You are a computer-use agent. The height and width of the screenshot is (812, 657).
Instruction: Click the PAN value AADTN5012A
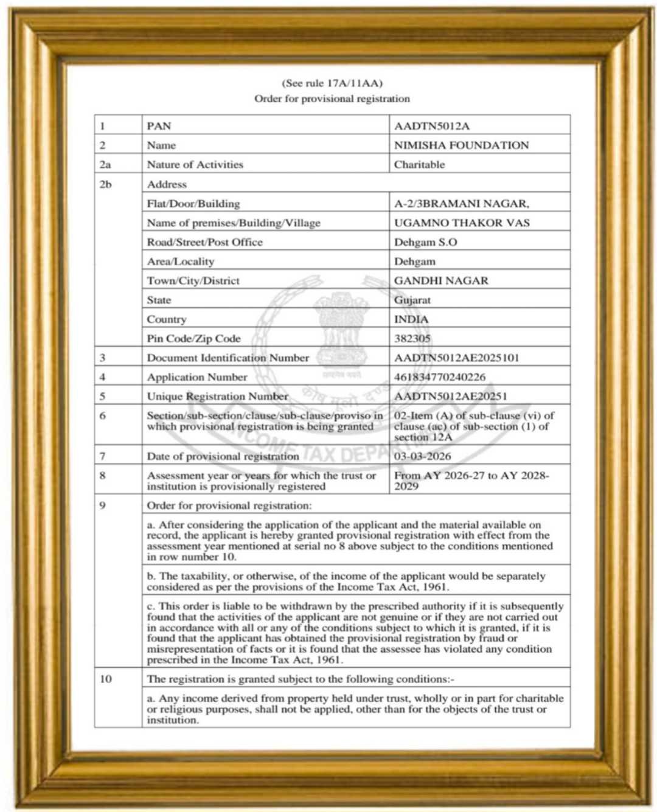click(x=431, y=126)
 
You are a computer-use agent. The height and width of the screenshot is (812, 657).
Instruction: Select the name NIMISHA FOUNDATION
click(x=461, y=145)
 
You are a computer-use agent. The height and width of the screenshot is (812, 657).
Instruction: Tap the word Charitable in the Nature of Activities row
click(x=419, y=164)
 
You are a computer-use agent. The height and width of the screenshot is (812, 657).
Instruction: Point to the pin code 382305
click(x=412, y=338)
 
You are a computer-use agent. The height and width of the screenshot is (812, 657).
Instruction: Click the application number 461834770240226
click(x=439, y=377)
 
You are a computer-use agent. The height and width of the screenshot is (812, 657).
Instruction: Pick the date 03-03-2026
click(x=422, y=456)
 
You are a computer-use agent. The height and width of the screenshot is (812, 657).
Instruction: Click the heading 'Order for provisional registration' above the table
click(x=332, y=99)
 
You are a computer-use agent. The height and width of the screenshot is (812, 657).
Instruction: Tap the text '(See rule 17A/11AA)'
click(x=332, y=83)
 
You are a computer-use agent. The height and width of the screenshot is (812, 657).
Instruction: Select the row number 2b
click(x=106, y=184)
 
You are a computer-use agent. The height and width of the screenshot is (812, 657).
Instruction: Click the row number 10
click(x=106, y=679)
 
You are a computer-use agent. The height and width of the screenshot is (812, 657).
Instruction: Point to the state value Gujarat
click(x=412, y=300)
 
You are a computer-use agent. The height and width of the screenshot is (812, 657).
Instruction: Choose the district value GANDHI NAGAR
click(x=441, y=280)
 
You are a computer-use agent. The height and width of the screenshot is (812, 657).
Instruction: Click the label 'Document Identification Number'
click(x=228, y=358)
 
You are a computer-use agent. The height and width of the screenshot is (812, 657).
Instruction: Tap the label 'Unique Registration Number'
click(x=217, y=396)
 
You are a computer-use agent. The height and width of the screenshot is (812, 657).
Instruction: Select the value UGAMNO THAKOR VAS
click(x=462, y=223)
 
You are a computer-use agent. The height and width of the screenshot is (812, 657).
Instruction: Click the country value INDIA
click(x=411, y=319)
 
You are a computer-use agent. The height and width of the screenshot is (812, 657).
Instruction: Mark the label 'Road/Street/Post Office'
click(x=204, y=242)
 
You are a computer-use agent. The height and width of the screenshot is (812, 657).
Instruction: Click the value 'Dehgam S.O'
click(x=425, y=242)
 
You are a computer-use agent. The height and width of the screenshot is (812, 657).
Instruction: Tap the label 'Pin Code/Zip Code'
click(x=193, y=338)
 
